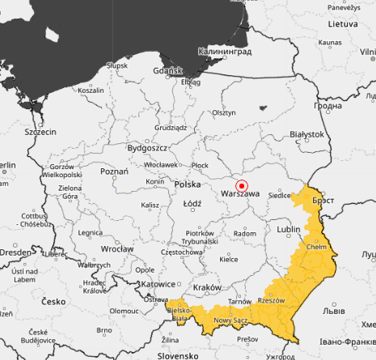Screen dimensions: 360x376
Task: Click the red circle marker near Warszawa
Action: pyautogui.click(x=240, y=186)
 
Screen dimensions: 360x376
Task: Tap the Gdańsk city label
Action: pyautogui.click(x=167, y=70)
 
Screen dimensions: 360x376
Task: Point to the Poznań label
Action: pyautogui.click(x=114, y=172)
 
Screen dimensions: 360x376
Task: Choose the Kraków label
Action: pyautogui.click(x=207, y=289)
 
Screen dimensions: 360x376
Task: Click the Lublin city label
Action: pyautogui.click(x=289, y=229)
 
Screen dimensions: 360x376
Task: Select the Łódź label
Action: pyautogui.click(x=192, y=204)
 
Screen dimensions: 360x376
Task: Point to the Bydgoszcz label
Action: pyautogui.click(x=147, y=149)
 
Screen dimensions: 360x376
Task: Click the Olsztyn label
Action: pyautogui.click(x=223, y=114)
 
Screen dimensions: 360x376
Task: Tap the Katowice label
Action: pyautogui.click(x=158, y=284)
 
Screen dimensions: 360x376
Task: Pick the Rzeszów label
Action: pyautogui.click(x=271, y=300)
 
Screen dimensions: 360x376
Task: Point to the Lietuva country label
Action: pyautogui.click(x=342, y=24)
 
